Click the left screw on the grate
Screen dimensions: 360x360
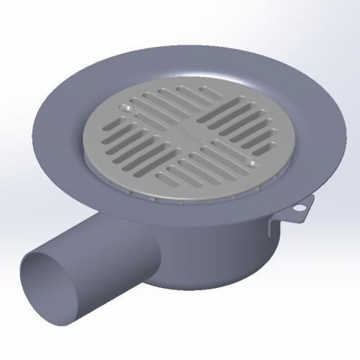tap(127, 108)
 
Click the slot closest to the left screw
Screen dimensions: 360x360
tap(141, 101)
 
